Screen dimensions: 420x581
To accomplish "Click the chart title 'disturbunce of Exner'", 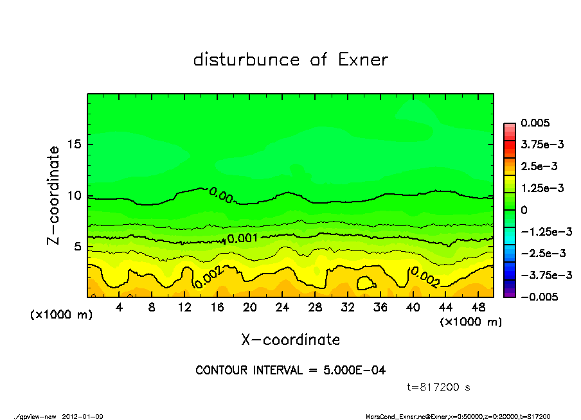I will (x=290, y=60).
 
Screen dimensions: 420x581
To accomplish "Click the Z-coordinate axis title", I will (x=54, y=195).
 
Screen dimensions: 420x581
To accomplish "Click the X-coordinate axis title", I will (x=290, y=339).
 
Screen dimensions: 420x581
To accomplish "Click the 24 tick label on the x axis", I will (x=282, y=308).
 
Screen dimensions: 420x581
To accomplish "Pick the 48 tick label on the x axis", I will (x=478, y=308).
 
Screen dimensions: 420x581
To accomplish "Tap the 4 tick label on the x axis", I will (x=120, y=308).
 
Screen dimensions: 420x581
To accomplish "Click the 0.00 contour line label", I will (x=221, y=195).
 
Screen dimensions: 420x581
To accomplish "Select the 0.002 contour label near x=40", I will (x=425, y=277).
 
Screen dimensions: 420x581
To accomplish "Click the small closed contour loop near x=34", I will (x=366, y=283).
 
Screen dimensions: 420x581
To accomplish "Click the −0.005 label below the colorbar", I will (x=538, y=297).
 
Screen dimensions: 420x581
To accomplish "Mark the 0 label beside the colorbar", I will (x=524, y=210).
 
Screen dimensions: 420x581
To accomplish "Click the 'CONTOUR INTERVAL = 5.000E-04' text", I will (x=290, y=371).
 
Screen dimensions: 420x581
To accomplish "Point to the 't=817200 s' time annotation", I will (x=440, y=387).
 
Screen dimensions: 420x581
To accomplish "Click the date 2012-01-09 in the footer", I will (x=83, y=416).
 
